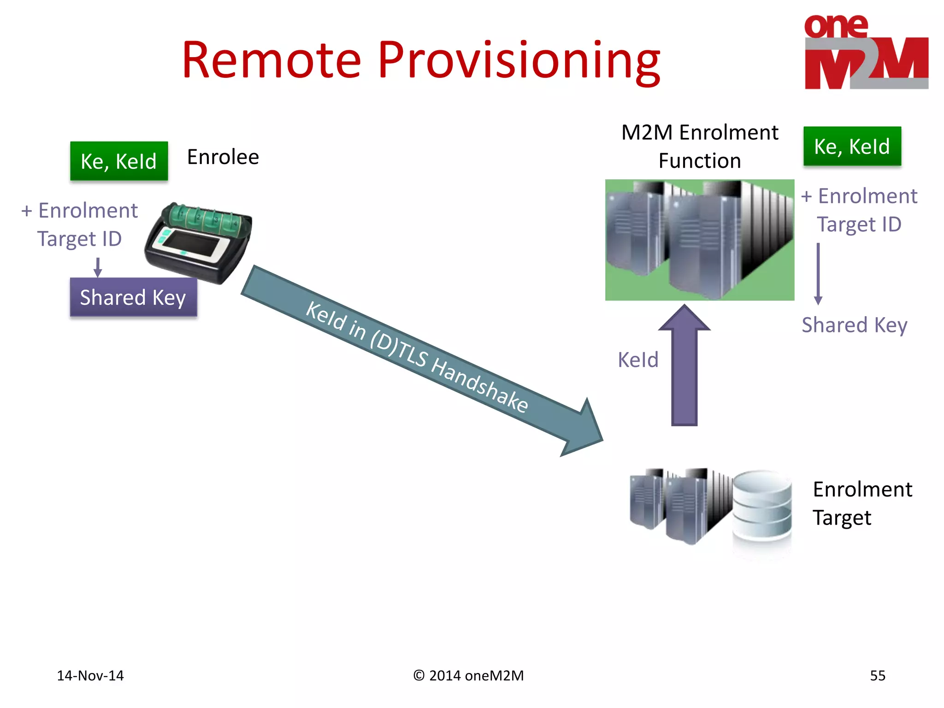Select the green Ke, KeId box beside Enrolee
[x=119, y=161]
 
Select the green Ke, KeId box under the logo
[x=852, y=146]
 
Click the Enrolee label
[x=223, y=157]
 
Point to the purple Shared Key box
[x=133, y=297]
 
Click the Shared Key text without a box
[x=854, y=325]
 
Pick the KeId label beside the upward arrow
[x=638, y=360]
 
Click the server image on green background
[x=699, y=240]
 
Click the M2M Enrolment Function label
[x=699, y=146]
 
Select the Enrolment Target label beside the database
[x=861, y=503]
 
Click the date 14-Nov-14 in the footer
[x=90, y=675]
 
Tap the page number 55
[x=877, y=675]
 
